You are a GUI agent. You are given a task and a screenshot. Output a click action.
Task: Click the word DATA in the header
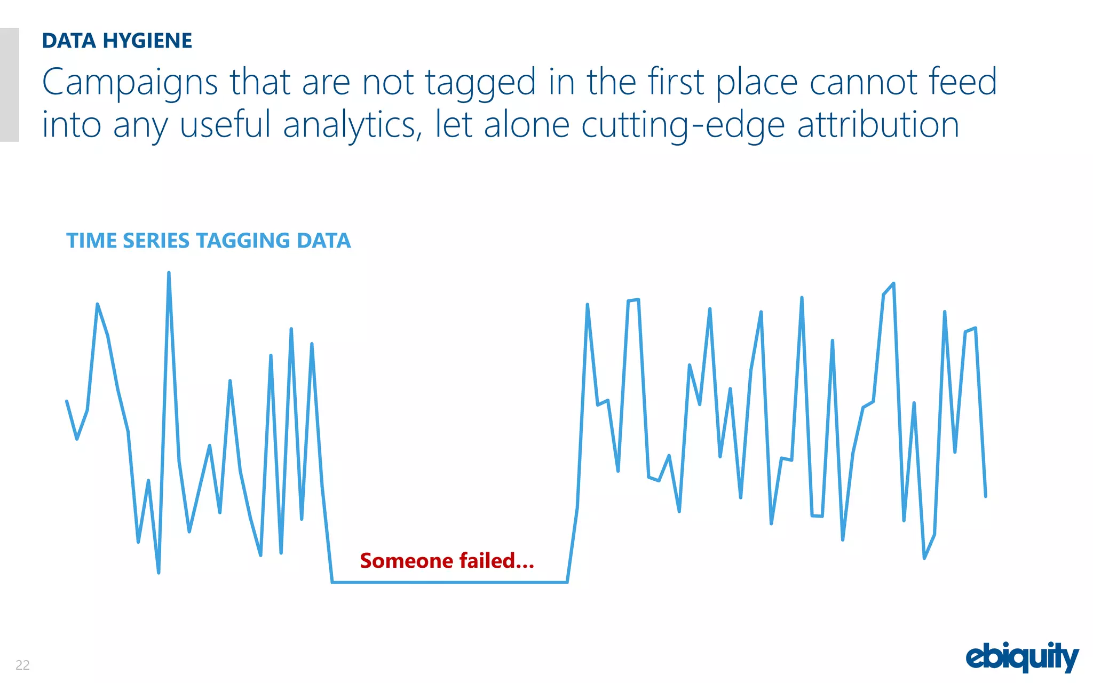tap(69, 41)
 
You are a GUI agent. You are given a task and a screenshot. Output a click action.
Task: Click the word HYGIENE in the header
tap(147, 41)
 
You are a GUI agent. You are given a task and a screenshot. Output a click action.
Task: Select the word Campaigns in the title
tap(130, 83)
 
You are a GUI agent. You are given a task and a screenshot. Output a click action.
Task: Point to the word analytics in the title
tap(352, 125)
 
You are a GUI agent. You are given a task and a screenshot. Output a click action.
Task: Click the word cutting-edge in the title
tap(683, 125)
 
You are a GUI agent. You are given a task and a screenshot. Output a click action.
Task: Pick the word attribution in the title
tap(878, 125)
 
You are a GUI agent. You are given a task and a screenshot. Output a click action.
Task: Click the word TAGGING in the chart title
tap(243, 241)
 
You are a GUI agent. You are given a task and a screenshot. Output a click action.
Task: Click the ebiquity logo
tap(1022, 657)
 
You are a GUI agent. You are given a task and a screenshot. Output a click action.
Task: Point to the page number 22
tap(22, 665)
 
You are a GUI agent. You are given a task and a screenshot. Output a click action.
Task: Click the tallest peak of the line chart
tap(169, 273)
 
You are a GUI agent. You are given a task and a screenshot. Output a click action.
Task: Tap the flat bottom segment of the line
tap(448, 582)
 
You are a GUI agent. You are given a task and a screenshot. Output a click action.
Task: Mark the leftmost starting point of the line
tap(67, 401)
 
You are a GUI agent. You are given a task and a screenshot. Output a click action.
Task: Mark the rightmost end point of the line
tap(985, 496)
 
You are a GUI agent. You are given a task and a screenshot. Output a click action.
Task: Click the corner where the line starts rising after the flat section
tap(567, 582)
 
